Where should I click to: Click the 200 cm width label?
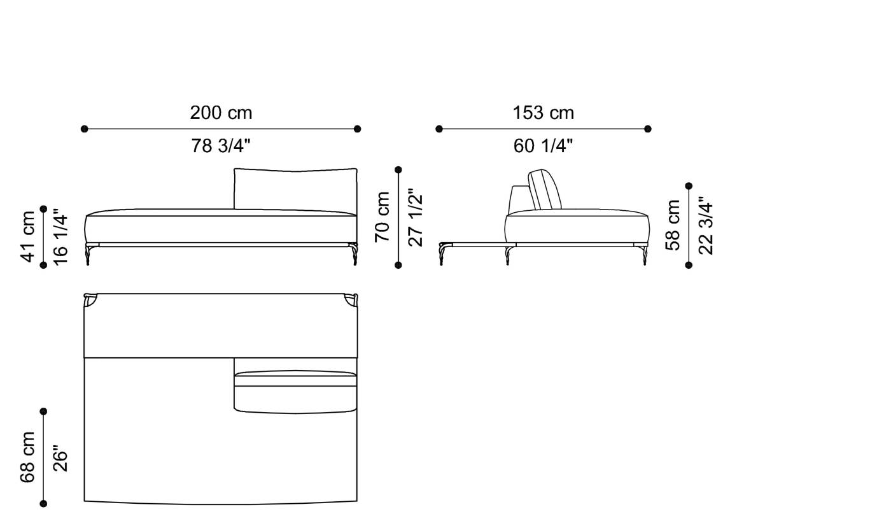click(221, 113)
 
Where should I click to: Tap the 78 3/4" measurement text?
click(221, 146)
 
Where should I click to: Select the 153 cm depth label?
click(543, 113)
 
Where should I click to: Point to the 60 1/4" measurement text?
click(543, 146)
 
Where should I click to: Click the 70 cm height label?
click(382, 217)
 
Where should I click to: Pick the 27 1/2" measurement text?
click(415, 217)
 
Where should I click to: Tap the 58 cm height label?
click(673, 225)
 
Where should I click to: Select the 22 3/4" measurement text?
click(705, 225)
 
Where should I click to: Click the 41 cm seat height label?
click(28, 236)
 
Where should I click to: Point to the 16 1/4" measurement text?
click(60, 236)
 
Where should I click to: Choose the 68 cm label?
click(28, 457)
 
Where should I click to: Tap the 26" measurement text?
click(60, 457)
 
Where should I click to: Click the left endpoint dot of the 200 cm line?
click(85, 129)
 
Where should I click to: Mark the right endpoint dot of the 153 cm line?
click(648, 129)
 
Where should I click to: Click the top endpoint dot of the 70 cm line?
click(398, 170)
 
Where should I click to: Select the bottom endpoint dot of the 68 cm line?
click(43, 504)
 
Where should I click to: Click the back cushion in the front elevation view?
click(295, 189)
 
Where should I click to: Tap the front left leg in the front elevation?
click(87, 255)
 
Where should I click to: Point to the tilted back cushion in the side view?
click(545, 190)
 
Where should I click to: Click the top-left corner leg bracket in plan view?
click(90, 299)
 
